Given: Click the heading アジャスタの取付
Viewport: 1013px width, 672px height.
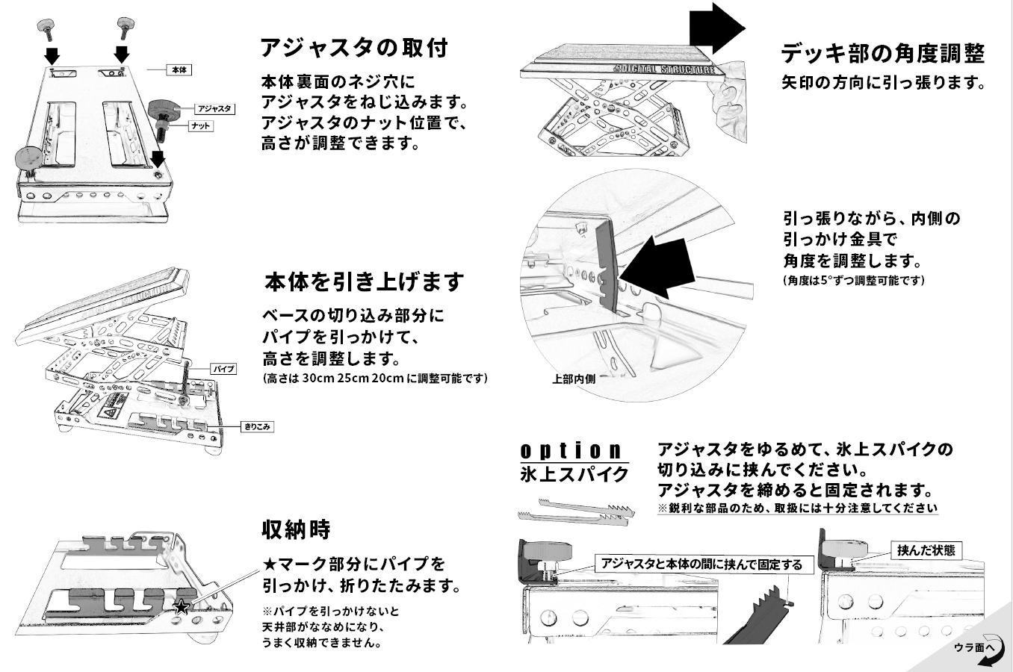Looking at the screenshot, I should [x=353, y=49].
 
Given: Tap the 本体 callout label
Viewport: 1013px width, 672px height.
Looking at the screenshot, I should [x=179, y=69].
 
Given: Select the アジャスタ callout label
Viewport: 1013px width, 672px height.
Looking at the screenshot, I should [x=216, y=109].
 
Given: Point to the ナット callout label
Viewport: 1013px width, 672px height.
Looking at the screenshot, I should [x=200, y=126].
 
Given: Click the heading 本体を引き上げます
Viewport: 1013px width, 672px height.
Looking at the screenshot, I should [x=365, y=282].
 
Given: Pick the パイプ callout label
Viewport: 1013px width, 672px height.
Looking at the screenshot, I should [x=223, y=369].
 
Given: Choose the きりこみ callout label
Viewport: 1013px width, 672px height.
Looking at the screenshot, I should [x=258, y=427].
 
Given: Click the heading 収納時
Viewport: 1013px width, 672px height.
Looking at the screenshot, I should [x=296, y=529].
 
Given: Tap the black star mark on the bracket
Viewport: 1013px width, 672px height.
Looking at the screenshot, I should [x=181, y=606].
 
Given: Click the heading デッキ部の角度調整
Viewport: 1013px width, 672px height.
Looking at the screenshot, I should [x=882, y=54].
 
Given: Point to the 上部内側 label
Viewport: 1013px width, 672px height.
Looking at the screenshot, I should [x=574, y=379].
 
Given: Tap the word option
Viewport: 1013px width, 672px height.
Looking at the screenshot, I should [x=571, y=450].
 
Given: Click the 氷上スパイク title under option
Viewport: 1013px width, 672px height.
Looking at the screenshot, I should [x=574, y=474].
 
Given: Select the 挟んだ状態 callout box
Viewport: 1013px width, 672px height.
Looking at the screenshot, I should [x=926, y=550].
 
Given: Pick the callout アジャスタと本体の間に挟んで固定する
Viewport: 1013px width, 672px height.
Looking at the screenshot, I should [x=701, y=564].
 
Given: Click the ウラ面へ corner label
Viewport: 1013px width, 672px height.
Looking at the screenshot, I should [x=974, y=647].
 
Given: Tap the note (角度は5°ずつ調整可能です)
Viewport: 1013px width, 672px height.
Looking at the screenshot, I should [x=854, y=281].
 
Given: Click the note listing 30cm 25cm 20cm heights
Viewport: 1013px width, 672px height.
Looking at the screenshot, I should [x=375, y=378].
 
